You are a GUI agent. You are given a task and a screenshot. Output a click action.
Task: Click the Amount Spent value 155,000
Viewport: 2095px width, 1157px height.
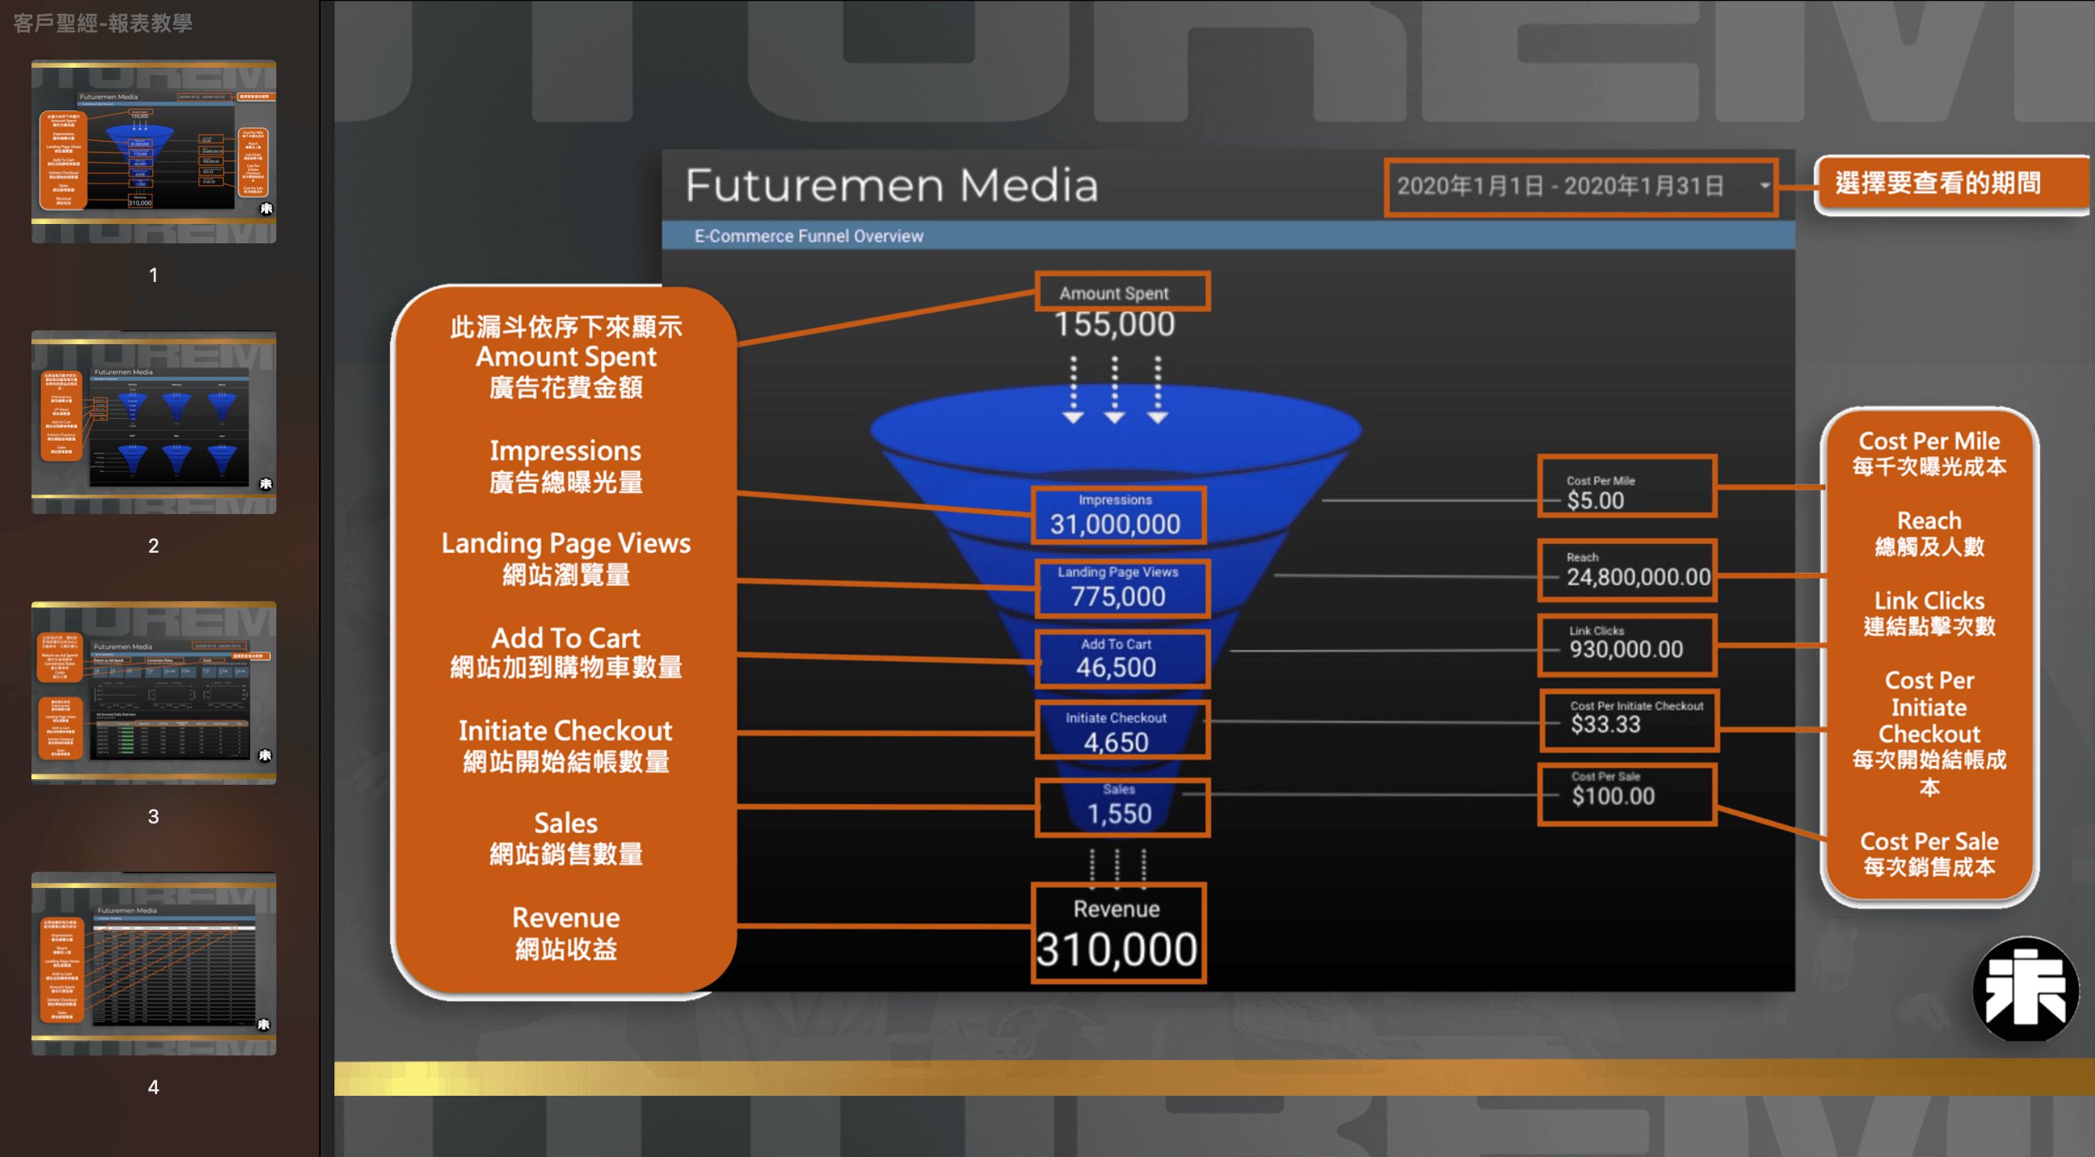pyautogui.click(x=1114, y=325)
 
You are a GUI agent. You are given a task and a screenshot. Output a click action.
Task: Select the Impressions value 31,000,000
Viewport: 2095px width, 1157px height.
pyautogui.click(x=1115, y=525)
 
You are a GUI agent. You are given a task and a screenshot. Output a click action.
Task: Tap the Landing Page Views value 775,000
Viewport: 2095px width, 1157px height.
pyautogui.click(x=1118, y=597)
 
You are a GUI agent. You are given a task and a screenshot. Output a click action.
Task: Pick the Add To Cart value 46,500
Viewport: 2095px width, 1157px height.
pyautogui.click(x=1116, y=668)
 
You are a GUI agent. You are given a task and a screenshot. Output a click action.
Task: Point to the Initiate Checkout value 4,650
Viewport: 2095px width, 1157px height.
pyautogui.click(x=1116, y=742)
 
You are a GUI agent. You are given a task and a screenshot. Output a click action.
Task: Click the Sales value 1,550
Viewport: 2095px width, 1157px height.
pyautogui.click(x=1119, y=814)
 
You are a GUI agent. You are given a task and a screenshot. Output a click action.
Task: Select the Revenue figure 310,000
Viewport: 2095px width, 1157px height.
pyautogui.click(x=1117, y=949)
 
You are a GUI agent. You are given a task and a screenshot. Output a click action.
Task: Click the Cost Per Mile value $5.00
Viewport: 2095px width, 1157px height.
pyautogui.click(x=1595, y=501)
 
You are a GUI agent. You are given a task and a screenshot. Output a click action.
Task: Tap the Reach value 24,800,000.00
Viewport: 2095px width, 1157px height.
pyautogui.click(x=1638, y=577)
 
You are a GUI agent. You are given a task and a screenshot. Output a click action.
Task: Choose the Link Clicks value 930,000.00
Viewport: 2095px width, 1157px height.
pyautogui.click(x=1626, y=649)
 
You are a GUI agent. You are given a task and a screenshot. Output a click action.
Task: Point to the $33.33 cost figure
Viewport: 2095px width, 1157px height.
pyautogui.click(x=1605, y=724)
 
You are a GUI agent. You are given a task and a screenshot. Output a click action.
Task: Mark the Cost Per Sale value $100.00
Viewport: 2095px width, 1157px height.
pyautogui.click(x=1612, y=796)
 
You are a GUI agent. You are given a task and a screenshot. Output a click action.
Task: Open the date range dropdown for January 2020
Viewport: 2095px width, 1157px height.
pyautogui.click(x=1580, y=186)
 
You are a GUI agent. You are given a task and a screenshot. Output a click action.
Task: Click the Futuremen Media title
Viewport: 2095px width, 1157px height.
pyautogui.click(x=891, y=185)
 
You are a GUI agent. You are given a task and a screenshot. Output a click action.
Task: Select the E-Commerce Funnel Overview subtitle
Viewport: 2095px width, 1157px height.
pyautogui.click(x=808, y=236)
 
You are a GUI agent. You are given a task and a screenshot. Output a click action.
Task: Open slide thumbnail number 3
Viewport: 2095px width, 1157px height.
pyautogui.click(x=154, y=692)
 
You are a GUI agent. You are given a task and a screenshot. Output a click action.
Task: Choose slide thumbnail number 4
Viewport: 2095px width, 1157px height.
pyautogui.click(x=154, y=964)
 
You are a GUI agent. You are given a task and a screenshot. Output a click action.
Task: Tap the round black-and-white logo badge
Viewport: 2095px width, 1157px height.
pyautogui.click(x=2025, y=989)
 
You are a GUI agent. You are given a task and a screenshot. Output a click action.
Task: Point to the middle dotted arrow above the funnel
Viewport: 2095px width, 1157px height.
pyautogui.click(x=1114, y=389)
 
